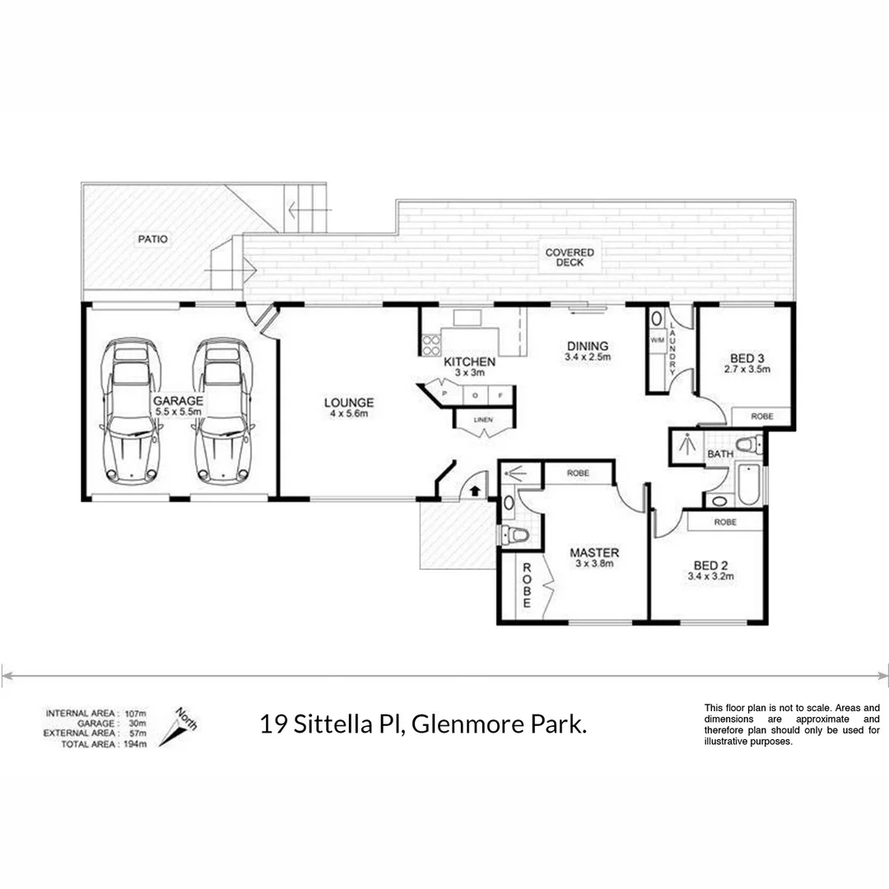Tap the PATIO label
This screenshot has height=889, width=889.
pyautogui.click(x=152, y=240)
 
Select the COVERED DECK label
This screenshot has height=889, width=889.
pyautogui.click(x=569, y=258)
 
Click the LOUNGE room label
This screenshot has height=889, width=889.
pyautogui.click(x=348, y=403)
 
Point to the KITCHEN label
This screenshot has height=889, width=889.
pyautogui.click(x=469, y=361)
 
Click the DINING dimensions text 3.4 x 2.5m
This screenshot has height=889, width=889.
pyautogui.click(x=587, y=358)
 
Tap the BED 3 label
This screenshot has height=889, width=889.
pyautogui.click(x=747, y=357)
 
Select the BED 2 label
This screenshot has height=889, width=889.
pyautogui.click(x=710, y=565)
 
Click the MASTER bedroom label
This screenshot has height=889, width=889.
pyautogui.click(x=594, y=552)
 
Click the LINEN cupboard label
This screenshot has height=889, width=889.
pyautogui.click(x=483, y=421)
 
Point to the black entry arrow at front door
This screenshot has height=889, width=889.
pyautogui.click(x=475, y=491)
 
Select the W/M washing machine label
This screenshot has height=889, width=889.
pyautogui.click(x=657, y=339)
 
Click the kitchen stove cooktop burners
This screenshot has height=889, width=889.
pyautogui.click(x=431, y=344)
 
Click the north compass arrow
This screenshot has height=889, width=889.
pyautogui.click(x=175, y=728)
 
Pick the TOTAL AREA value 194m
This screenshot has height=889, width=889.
pyautogui.click(x=135, y=744)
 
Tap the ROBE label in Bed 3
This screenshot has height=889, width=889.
pyautogui.click(x=761, y=417)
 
